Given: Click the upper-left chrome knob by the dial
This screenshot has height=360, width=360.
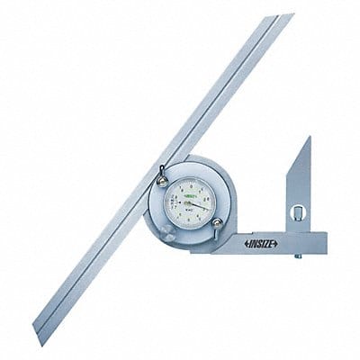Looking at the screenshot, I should [162, 182].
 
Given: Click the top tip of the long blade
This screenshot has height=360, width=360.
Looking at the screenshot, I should [285, 18].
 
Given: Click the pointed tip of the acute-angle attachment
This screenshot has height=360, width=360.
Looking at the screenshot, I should [308, 139].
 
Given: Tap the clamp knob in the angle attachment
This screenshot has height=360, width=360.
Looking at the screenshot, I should [300, 213].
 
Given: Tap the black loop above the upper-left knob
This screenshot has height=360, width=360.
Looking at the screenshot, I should [160, 172].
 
